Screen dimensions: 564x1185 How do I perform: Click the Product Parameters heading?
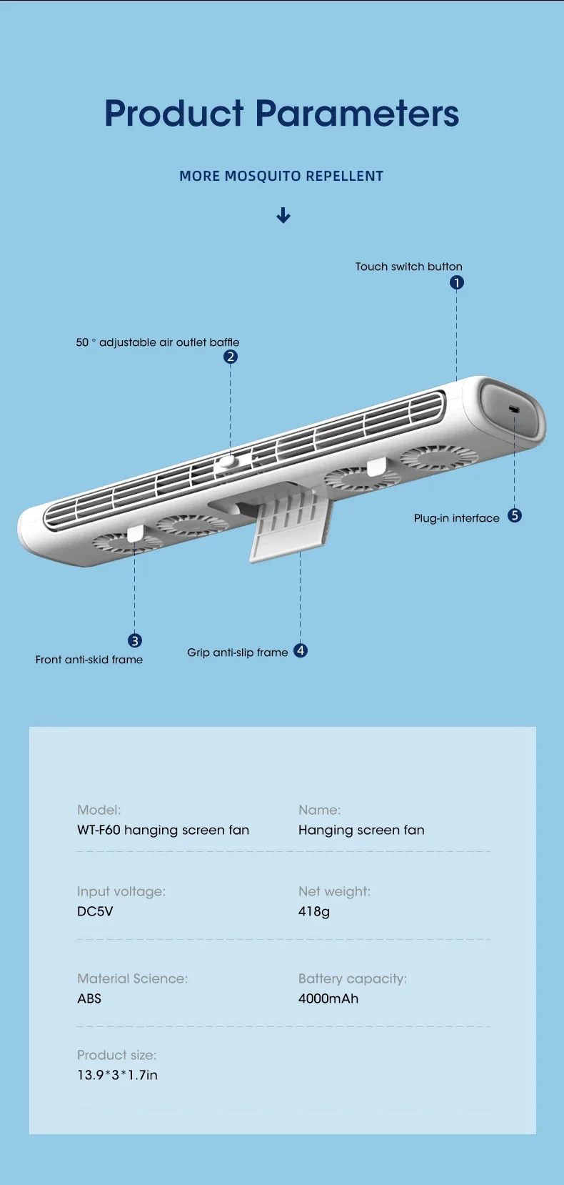[281, 113]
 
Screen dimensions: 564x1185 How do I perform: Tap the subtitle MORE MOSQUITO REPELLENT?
[281, 176]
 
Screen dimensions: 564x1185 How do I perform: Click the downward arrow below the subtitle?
[283, 215]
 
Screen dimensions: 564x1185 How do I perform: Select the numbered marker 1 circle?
[457, 282]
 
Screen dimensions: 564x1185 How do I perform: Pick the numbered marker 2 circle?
[230, 357]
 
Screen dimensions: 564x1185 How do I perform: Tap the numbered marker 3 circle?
[134, 640]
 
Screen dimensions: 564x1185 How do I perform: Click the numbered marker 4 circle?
[301, 650]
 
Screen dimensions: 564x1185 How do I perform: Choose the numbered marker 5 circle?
[515, 515]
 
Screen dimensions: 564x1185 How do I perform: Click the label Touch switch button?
[408, 267]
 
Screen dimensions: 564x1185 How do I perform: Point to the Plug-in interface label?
[456, 518]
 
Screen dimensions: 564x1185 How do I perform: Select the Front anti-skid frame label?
[89, 660]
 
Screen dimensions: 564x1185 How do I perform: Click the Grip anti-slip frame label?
[238, 653]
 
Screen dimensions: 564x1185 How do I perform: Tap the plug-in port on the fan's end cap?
[513, 409]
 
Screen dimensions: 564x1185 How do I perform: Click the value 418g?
[314, 911]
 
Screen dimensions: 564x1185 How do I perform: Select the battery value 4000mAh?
[328, 998]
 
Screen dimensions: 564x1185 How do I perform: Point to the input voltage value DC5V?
[95, 911]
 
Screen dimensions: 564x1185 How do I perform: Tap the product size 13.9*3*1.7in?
[117, 1075]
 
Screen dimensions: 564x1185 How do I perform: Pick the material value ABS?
[89, 998]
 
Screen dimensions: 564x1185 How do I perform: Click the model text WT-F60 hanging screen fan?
[163, 830]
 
